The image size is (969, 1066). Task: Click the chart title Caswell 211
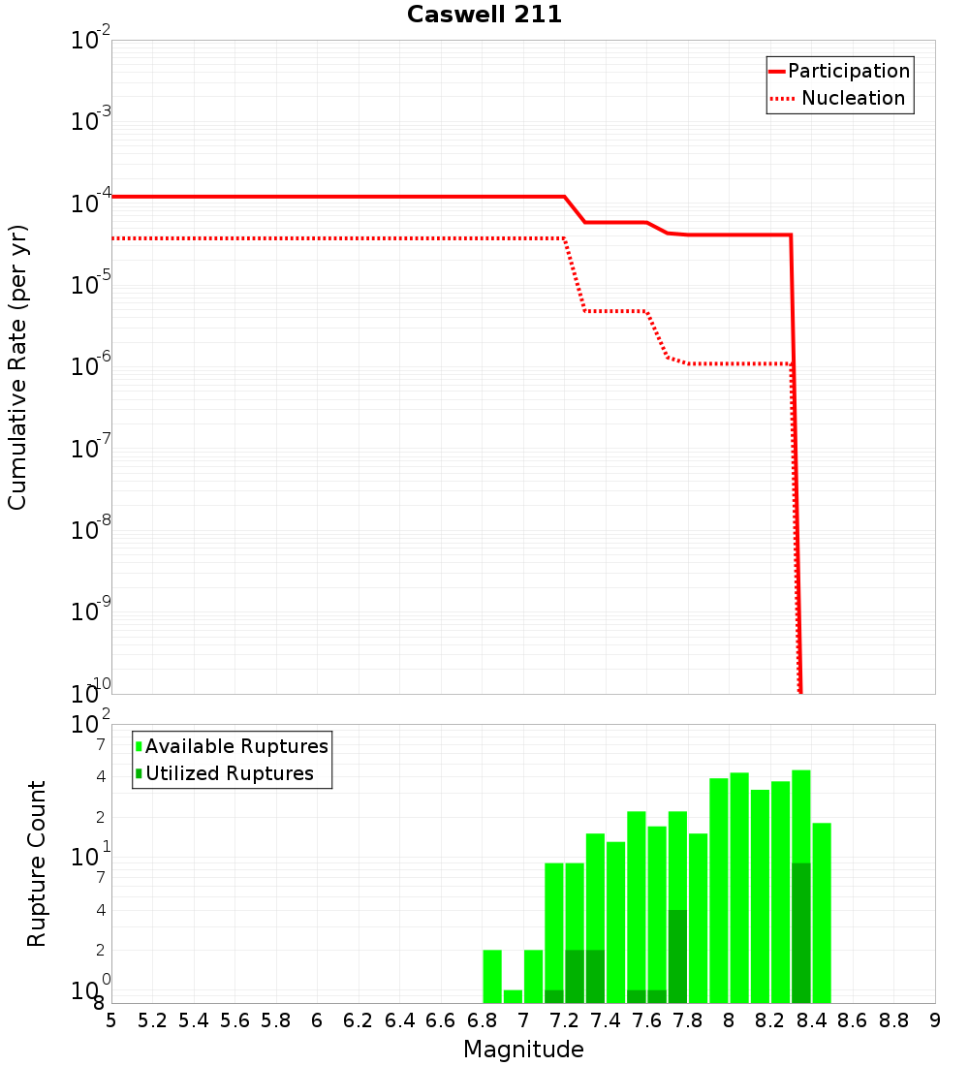tap(484, 16)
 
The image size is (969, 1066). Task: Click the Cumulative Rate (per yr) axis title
tap(17, 367)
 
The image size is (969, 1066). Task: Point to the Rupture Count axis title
tap(37, 863)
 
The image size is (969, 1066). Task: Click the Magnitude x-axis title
tap(523, 1050)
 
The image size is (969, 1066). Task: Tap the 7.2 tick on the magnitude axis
tap(564, 1020)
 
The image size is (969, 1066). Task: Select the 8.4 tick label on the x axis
tap(811, 1020)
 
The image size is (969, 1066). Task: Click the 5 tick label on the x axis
tap(111, 1020)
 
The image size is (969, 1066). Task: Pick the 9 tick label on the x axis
tap(934, 1020)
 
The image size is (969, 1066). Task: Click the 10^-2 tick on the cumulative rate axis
tap(92, 41)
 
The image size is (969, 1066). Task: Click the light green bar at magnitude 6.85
tap(492, 976)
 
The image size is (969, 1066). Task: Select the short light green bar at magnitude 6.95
tap(513, 996)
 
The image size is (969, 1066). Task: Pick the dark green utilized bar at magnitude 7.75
tap(677, 956)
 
